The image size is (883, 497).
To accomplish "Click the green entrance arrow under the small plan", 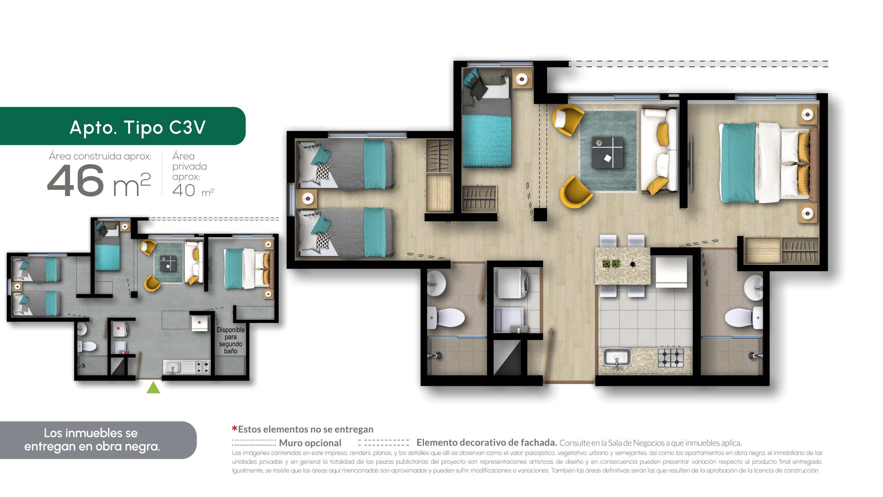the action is pyautogui.click(x=153, y=388).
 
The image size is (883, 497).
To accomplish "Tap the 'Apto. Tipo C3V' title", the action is pyautogui.click(x=138, y=127).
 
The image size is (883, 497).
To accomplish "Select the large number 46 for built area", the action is pyautogui.click(x=76, y=180).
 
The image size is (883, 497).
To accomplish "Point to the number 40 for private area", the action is pyautogui.click(x=184, y=191).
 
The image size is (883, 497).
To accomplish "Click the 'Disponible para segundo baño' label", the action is pyautogui.click(x=230, y=340).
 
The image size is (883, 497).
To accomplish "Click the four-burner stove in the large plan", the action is pyautogui.click(x=671, y=358).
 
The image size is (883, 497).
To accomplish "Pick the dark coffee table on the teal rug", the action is pyautogui.click(x=607, y=152).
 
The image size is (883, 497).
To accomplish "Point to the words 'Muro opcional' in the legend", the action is pyautogui.click(x=310, y=443).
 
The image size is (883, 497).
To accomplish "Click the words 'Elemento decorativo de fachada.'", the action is pyautogui.click(x=487, y=442).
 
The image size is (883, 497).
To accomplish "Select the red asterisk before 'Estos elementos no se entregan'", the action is pyautogui.click(x=235, y=429).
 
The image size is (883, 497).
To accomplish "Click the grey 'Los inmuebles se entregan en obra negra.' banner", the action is pyautogui.click(x=98, y=440).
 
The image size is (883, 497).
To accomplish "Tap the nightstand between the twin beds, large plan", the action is pyautogui.click(x=308, y=198).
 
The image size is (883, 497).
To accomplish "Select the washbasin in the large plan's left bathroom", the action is pyautogui.click(x=436, y=283).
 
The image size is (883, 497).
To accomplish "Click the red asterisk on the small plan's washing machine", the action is pyautogui.click(x=118, y=329).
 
